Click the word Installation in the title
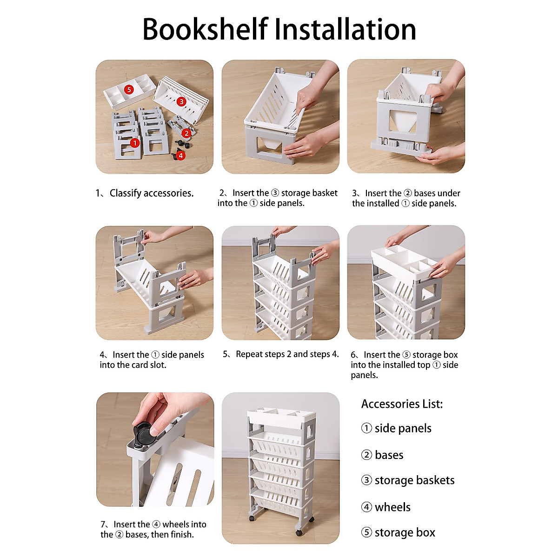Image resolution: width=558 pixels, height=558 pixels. click(345, 30)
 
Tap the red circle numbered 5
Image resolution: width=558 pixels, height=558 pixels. click(129, 89)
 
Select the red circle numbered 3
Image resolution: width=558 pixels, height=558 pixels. click(181, 101)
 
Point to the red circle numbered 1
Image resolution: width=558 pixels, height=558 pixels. click(134, 143)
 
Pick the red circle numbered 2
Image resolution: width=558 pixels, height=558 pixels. click(186, 133)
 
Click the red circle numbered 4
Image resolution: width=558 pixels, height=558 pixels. click(181, 156)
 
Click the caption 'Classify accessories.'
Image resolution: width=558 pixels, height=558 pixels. click(151, 193)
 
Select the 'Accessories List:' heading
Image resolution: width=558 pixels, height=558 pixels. click(402, 404)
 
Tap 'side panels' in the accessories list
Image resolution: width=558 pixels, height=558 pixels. click(403, 428)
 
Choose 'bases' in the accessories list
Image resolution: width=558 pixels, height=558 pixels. click(389, 455)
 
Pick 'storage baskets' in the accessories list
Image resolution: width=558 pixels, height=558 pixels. click(414, 480)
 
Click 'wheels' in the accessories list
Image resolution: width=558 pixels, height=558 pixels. click(392, 507)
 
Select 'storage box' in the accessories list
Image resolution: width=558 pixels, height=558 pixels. click(405, 532)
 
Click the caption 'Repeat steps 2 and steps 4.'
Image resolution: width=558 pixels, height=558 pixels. click(287, 354)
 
